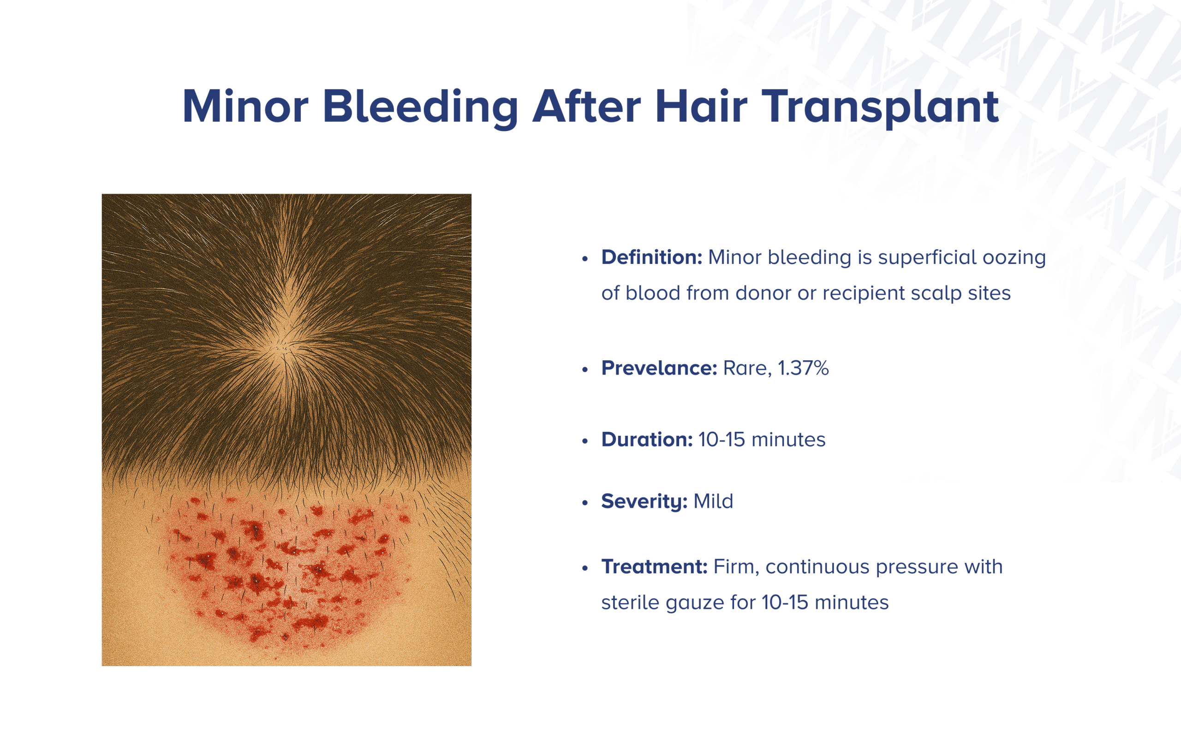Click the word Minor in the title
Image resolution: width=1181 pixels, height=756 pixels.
tap(245, 107)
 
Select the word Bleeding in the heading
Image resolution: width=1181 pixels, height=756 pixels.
tap(420, 107)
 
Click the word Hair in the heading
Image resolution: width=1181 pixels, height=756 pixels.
tap(701, 107)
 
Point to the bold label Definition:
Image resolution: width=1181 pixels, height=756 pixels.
tap(651, 257)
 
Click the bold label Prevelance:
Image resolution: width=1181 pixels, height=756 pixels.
tap(659, 368)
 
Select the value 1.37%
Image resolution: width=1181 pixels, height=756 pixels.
tap(803, 368)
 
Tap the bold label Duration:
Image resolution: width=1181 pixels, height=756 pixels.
tap(646, 440)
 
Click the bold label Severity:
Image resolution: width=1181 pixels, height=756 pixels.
tap(644, 501)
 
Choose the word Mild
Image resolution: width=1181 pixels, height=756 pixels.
tap(713, 501)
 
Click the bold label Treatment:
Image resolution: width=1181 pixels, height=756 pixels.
tap(654, 566)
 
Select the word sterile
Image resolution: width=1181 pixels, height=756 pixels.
tap(630, 602)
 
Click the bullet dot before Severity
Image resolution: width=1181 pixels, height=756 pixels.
tap(585, 503)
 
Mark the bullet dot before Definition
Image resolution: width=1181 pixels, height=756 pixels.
tap(585, 259)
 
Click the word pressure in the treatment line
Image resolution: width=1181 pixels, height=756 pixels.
tap(917, 567)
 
